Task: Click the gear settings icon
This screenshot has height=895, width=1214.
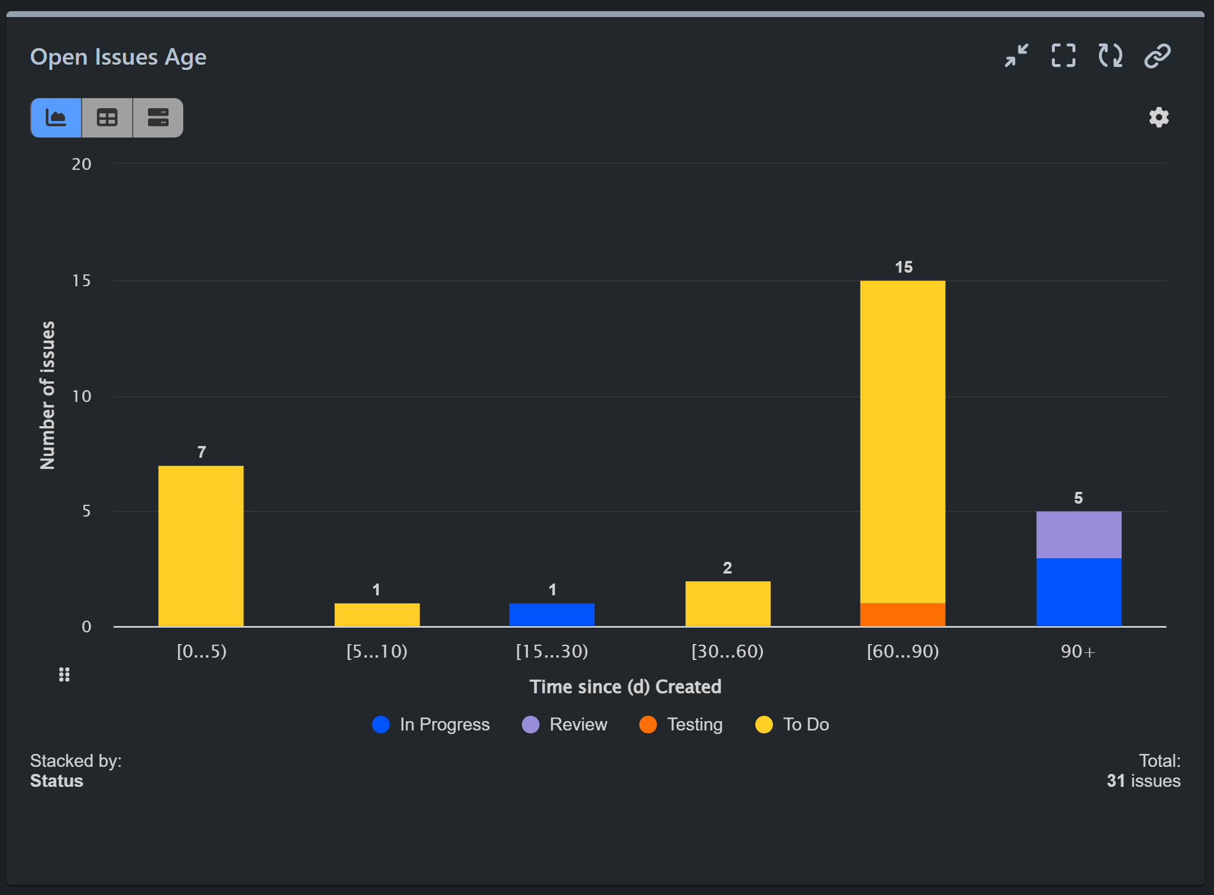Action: pyautogui.click(x=1158, y=118)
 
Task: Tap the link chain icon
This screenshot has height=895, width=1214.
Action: pyautogui.click(x=1157, y=56)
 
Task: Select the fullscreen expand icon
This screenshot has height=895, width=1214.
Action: pyautogui.click(x=1063, y=56)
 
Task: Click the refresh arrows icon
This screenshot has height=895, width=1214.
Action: pyautogui.click(x=1110, y=56)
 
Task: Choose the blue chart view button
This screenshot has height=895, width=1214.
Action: pyautogui.click(x=56, y=118)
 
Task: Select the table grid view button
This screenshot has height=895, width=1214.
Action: pyautogui.click(x=107, y=118)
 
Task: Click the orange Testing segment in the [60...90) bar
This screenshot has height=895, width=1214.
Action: pyautogui.click(x=902, y=615)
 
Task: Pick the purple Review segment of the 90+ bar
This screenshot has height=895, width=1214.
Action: pyautogui.click(x=1078, y=535)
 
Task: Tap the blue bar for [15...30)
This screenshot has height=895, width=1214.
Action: pyautogui.click(x=551, y=615)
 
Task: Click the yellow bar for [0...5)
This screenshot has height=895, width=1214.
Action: pyautogui.click(x=201, y=547)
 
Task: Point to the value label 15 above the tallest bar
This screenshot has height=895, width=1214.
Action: pyautogui.click(x=903, y=267)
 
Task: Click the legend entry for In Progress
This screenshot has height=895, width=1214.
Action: pyautogui.click(x=431, y=725)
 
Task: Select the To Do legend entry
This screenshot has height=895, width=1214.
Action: pyautogui.click(x=792, y=725)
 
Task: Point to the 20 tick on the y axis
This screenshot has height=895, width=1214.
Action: pyautogui.click(x=82, y=165)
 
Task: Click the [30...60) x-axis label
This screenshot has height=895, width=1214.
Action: pyautogui.click(x=727, y=652)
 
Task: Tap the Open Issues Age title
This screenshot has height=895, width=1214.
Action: pyautogui.click(x=118, y=57)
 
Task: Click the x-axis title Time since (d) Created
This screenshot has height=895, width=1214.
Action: pyautogui.click(x=625, y=687)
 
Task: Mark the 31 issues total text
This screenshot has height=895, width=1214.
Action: pyautogui.click(x=1143, y=781)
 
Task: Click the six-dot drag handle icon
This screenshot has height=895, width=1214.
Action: pyautogui.click(x=65, y=675)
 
